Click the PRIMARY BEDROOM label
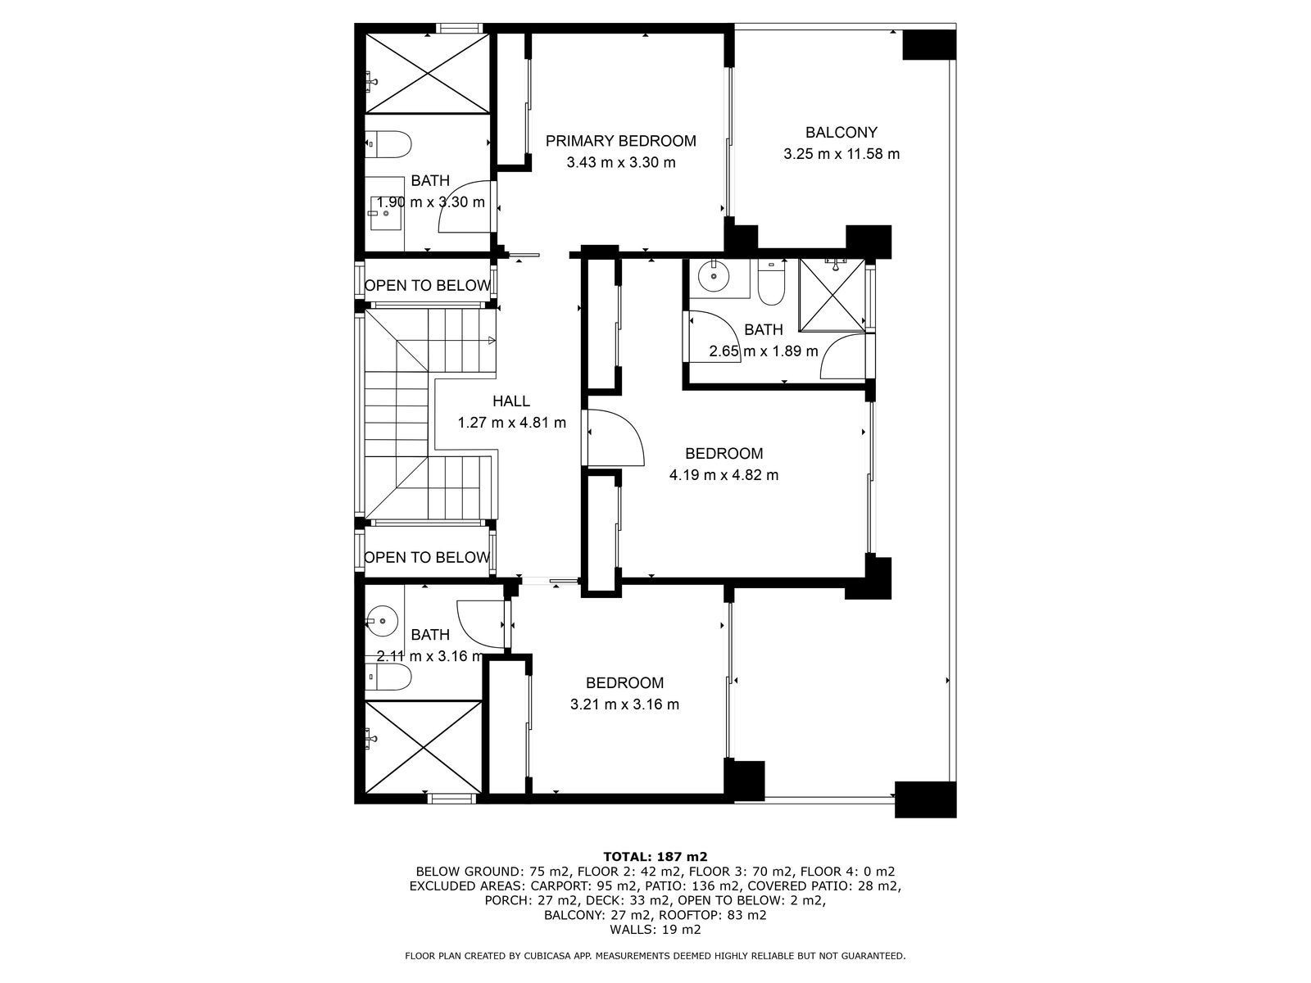[x=620, y=141]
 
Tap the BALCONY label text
[x=841, y=132]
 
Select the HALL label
[x=511, y=401]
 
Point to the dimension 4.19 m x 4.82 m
[x=724, y=475]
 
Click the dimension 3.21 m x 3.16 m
[x=624, y=704]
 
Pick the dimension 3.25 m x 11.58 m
[x=841, y=154]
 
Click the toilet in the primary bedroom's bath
[x=388, y=144]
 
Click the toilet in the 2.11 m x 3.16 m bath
[x=388, y=677]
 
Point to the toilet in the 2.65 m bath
[x=772, y=282]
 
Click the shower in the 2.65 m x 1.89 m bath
[x=832, y=294]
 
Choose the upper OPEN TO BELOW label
[x=428, y=285]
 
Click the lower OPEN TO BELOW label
[x=427, y=558]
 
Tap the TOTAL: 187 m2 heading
[x=655, y=857]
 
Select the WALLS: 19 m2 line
[x=655, y=929]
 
